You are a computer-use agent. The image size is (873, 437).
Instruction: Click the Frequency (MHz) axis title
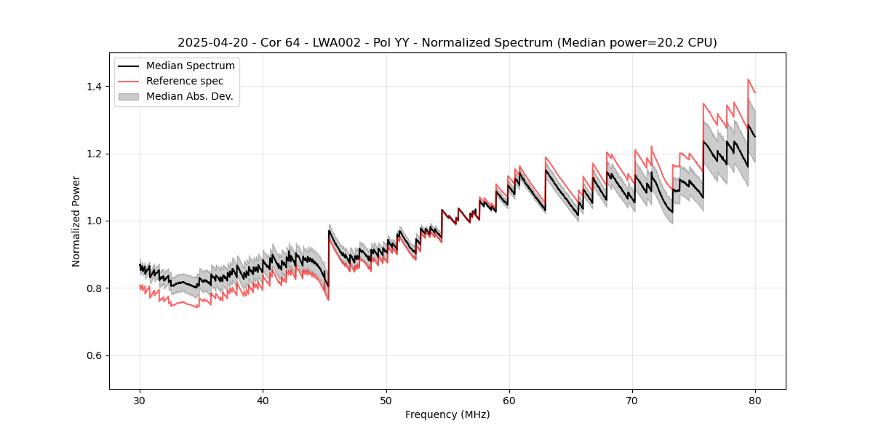pos(447,414)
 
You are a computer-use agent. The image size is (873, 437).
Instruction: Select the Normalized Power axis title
pos(76,221)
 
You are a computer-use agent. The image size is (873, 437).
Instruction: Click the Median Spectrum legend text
pos(191,66)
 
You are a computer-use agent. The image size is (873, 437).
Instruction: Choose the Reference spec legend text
pos(185,81)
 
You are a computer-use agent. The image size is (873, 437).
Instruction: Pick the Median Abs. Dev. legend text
pos(190,96)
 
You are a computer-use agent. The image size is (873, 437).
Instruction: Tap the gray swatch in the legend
pos(130,96)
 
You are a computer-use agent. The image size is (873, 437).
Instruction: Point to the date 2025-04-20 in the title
pos(210,43)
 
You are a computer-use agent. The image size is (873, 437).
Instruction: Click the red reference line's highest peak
pos(748,79)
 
